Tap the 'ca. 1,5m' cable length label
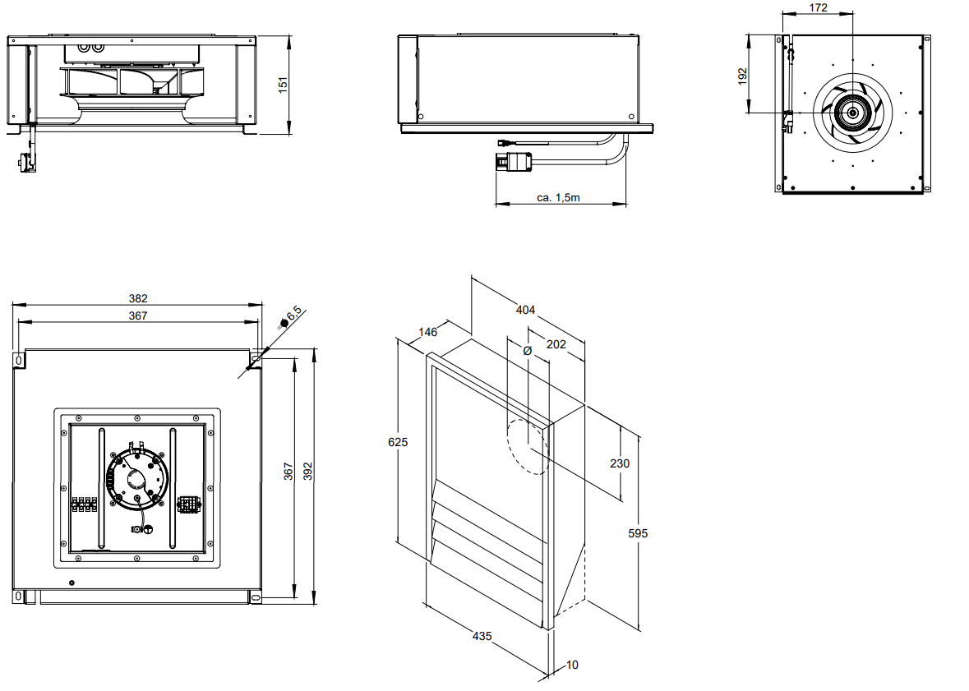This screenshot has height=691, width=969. click(x=559, y=197)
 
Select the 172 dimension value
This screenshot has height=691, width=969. click(x=818, y=8)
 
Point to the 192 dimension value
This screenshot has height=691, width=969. click(x=743, y=76)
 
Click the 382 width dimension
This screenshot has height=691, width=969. click(x=137, y=299)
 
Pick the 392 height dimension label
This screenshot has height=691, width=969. click(x=308, y=471)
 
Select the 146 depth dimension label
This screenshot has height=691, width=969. click(x=427, y=332)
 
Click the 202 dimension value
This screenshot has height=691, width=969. click(x=556, y=344)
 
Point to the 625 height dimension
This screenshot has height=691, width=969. click(x=398, y=441)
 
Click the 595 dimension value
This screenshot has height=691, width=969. click(x=638, y=533)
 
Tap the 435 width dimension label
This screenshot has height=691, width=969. click(x=482, y=635)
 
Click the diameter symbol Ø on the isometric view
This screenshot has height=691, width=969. click(x=528, y=350)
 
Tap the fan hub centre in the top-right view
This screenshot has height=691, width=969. click(x=852, y=113)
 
